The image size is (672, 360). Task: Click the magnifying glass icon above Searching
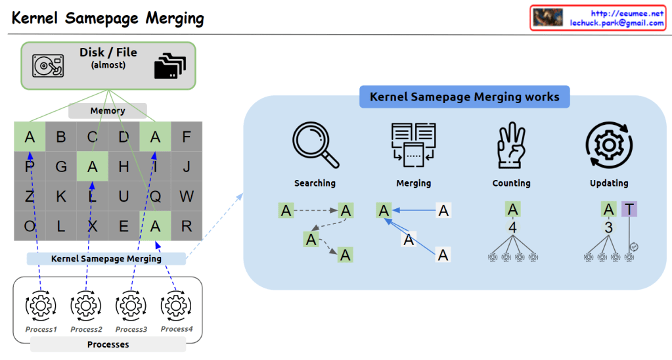315,145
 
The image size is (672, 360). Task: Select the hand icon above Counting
511,145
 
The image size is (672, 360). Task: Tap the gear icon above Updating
609,145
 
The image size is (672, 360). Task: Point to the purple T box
629,210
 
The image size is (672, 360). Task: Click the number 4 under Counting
514,227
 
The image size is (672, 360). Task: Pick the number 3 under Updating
609,227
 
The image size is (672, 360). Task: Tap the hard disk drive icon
49,66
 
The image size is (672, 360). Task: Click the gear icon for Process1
41,306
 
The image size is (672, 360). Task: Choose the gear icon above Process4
175,306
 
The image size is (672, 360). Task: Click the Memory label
108,111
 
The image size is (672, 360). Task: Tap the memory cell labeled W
187,196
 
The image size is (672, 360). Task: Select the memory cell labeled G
61,167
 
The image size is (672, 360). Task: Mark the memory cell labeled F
187,137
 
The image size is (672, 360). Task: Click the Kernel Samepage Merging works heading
464,97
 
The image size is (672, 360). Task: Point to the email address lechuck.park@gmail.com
617,23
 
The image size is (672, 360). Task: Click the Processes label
108,344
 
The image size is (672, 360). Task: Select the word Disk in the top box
92,53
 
